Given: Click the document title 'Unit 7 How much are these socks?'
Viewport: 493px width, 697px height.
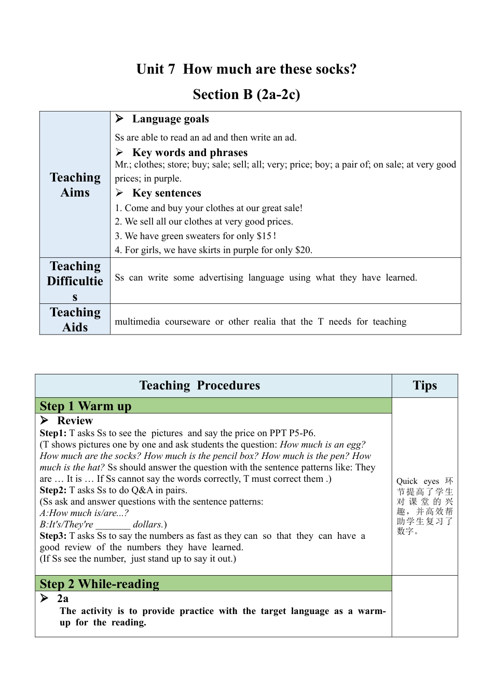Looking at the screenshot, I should [x=246, y=69].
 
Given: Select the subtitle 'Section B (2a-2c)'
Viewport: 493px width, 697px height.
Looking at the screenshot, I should [x=246, y=94].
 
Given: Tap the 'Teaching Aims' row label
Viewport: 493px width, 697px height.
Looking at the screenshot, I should [x=75, y=185].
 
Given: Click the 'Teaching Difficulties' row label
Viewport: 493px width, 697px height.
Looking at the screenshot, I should [x=75, y=281].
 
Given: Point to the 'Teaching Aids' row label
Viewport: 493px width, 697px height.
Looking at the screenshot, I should [x=75, y=319].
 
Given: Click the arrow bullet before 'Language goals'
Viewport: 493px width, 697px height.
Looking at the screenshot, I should [x=119, y=119].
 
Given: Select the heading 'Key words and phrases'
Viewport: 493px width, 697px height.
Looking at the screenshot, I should [x=189, y=152].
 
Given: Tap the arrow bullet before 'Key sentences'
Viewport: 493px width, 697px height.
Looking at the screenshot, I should [x=119, y=193].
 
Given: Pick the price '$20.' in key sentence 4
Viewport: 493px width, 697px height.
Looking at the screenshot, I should [x=304, y=250].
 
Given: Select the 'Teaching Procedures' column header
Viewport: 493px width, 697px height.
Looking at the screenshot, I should [x=200, y=385].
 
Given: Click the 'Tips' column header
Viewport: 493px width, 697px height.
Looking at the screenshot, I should [x=424, y=385].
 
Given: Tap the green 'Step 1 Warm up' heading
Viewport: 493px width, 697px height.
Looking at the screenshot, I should [x=86, y=406].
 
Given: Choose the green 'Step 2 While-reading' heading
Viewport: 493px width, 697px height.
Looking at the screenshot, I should [x=100, y=583].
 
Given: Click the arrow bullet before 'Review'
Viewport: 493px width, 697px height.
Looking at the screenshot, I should [x=45, y=420].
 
